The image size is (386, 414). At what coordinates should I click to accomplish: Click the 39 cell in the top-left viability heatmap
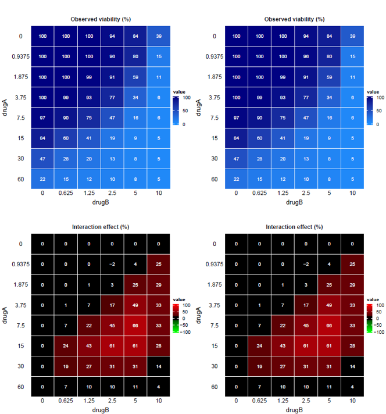tap(159, 37)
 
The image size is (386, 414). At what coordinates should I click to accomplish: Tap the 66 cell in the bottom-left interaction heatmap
tap(135, 326)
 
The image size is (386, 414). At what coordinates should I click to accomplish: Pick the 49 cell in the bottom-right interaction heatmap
tap(329, 305)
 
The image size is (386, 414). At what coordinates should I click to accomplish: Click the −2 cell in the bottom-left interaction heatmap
tap(112, 265)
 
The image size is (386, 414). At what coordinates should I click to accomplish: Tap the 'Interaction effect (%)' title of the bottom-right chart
tap(294, 227)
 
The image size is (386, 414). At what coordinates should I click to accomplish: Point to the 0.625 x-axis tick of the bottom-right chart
tap(259, 401)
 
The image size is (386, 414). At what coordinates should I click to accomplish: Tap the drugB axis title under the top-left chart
tap(100, 202)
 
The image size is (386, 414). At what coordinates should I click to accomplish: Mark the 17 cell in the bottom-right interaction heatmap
tap(306, 305)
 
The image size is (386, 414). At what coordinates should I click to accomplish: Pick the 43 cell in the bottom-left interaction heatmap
tap(89, 346)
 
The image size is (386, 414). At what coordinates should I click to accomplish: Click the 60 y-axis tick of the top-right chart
tap(214, 179)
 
